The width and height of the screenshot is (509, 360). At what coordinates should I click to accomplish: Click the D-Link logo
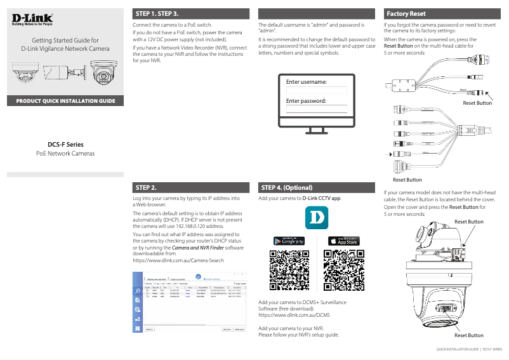(32, 20)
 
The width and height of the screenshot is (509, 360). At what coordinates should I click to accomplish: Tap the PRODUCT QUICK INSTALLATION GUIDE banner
(65, 101)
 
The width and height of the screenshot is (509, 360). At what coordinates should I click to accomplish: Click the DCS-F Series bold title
(65, 144)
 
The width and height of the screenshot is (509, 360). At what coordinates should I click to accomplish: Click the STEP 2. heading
(147, 188)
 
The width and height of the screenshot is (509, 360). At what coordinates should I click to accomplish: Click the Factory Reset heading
(406, 13)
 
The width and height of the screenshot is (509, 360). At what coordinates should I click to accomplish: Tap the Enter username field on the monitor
(316, 90)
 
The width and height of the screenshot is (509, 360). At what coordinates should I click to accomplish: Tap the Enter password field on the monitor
(316, 109)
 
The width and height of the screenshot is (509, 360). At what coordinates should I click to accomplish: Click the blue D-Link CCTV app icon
(316, 220)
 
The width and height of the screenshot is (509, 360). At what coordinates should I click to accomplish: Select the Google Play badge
(289, 241)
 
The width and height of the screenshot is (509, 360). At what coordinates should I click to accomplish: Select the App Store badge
(343, 241)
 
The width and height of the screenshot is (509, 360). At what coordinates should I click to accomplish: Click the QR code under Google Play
(289, 270)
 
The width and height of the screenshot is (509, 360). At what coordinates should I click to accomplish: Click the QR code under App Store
(343, 270)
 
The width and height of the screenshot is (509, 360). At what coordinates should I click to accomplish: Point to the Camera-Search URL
(178, 261)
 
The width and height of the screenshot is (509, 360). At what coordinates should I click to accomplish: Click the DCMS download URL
(294, 314)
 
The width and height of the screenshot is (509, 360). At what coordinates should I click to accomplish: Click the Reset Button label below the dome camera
(468, 335)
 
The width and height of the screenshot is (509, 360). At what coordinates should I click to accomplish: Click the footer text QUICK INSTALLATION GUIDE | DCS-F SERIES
(468, 349)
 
